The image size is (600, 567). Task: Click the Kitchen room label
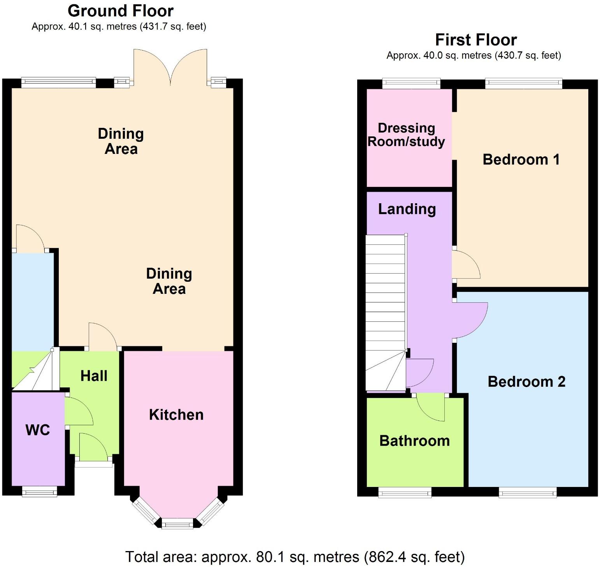click(x=176, y=415)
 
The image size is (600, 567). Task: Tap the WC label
click(x=38, y=430)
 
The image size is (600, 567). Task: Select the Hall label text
click(x=94, y=376)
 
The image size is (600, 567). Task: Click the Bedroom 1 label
click(x=521, y=159)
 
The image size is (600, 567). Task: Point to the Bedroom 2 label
click(x=526, y=382)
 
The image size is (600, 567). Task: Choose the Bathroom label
click(x=414, y=441)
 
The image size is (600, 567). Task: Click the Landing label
click(x=407, y=209)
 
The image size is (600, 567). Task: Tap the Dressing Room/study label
click(x=406, y=134)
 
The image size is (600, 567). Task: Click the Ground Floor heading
click(x=121, y=11)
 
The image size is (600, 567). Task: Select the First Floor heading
click(x=476, y=40)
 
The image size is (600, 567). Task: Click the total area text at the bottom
click(x=295, y=557)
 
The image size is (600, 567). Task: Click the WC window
click(x=39, y=492)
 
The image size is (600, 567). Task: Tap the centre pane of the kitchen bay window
click(x=177, y=524)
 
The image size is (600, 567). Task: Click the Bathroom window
click(x=405, y=493)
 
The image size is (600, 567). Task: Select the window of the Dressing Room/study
click(x=411, y=83)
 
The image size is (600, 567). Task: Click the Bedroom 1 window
click(x=523, y=83)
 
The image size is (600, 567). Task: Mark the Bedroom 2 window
click(x=528, y=493)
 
